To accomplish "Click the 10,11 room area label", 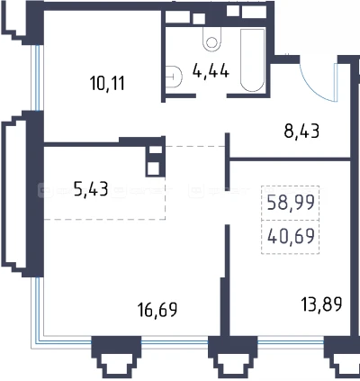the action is [107, 83].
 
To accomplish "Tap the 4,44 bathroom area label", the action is [211, 71].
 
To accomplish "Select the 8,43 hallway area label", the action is [301, 131].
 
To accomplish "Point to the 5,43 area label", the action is [91, 189].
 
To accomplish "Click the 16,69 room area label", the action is [157, 310].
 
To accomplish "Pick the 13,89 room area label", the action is [322, 304].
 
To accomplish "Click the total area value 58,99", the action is [291, 202].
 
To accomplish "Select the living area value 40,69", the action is [291, 236].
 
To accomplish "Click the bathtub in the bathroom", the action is [252, 60].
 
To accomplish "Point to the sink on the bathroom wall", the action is [174, 77].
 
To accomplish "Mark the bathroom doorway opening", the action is [211, 96].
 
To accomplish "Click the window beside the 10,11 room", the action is [37, 77].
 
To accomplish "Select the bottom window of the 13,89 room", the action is [291, 342].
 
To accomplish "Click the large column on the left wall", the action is [36, 194].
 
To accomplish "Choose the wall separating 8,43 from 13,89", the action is [290, 159].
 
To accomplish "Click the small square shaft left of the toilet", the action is [199, 19].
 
